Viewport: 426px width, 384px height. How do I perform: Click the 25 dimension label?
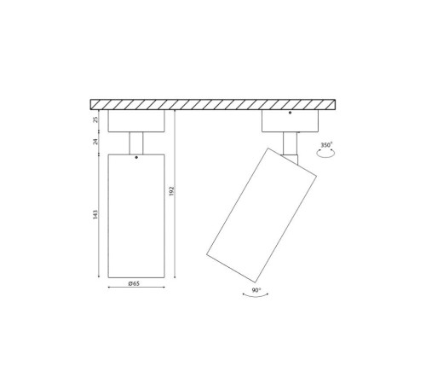click(x=97, y=119)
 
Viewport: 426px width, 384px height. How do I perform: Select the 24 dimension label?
click(x=95, y=142)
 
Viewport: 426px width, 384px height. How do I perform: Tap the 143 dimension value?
click(x=95, y=214)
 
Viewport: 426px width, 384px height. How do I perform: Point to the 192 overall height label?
click(x=171, y=191)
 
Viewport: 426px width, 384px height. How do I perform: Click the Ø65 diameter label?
click(x=134, y=283)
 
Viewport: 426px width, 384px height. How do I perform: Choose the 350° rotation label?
click(x=326, y=145)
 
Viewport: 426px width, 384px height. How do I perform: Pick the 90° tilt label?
click(x=256, y=290)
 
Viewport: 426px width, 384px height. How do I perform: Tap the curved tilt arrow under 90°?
click(x=256, y=296)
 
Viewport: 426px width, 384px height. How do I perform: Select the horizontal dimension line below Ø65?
click(x=136, y=287)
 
